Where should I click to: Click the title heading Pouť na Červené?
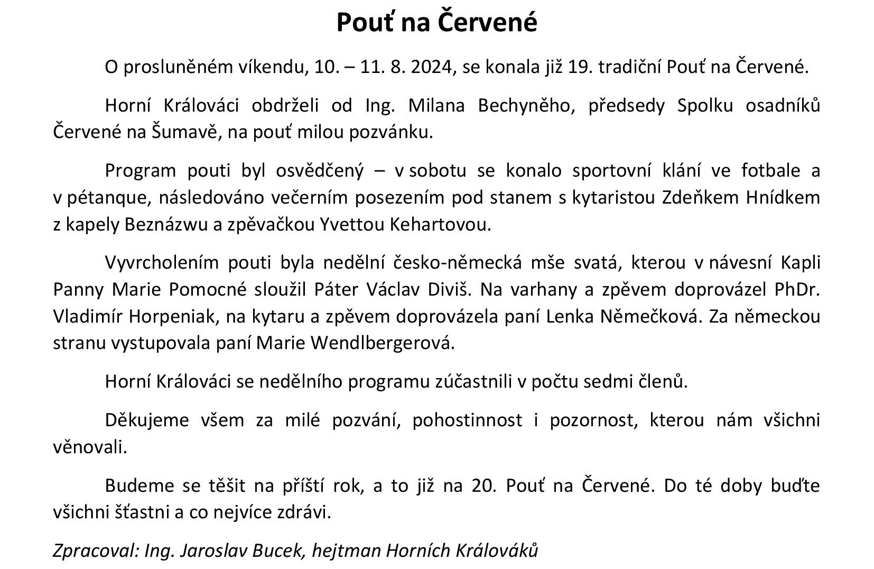click(436, 23)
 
